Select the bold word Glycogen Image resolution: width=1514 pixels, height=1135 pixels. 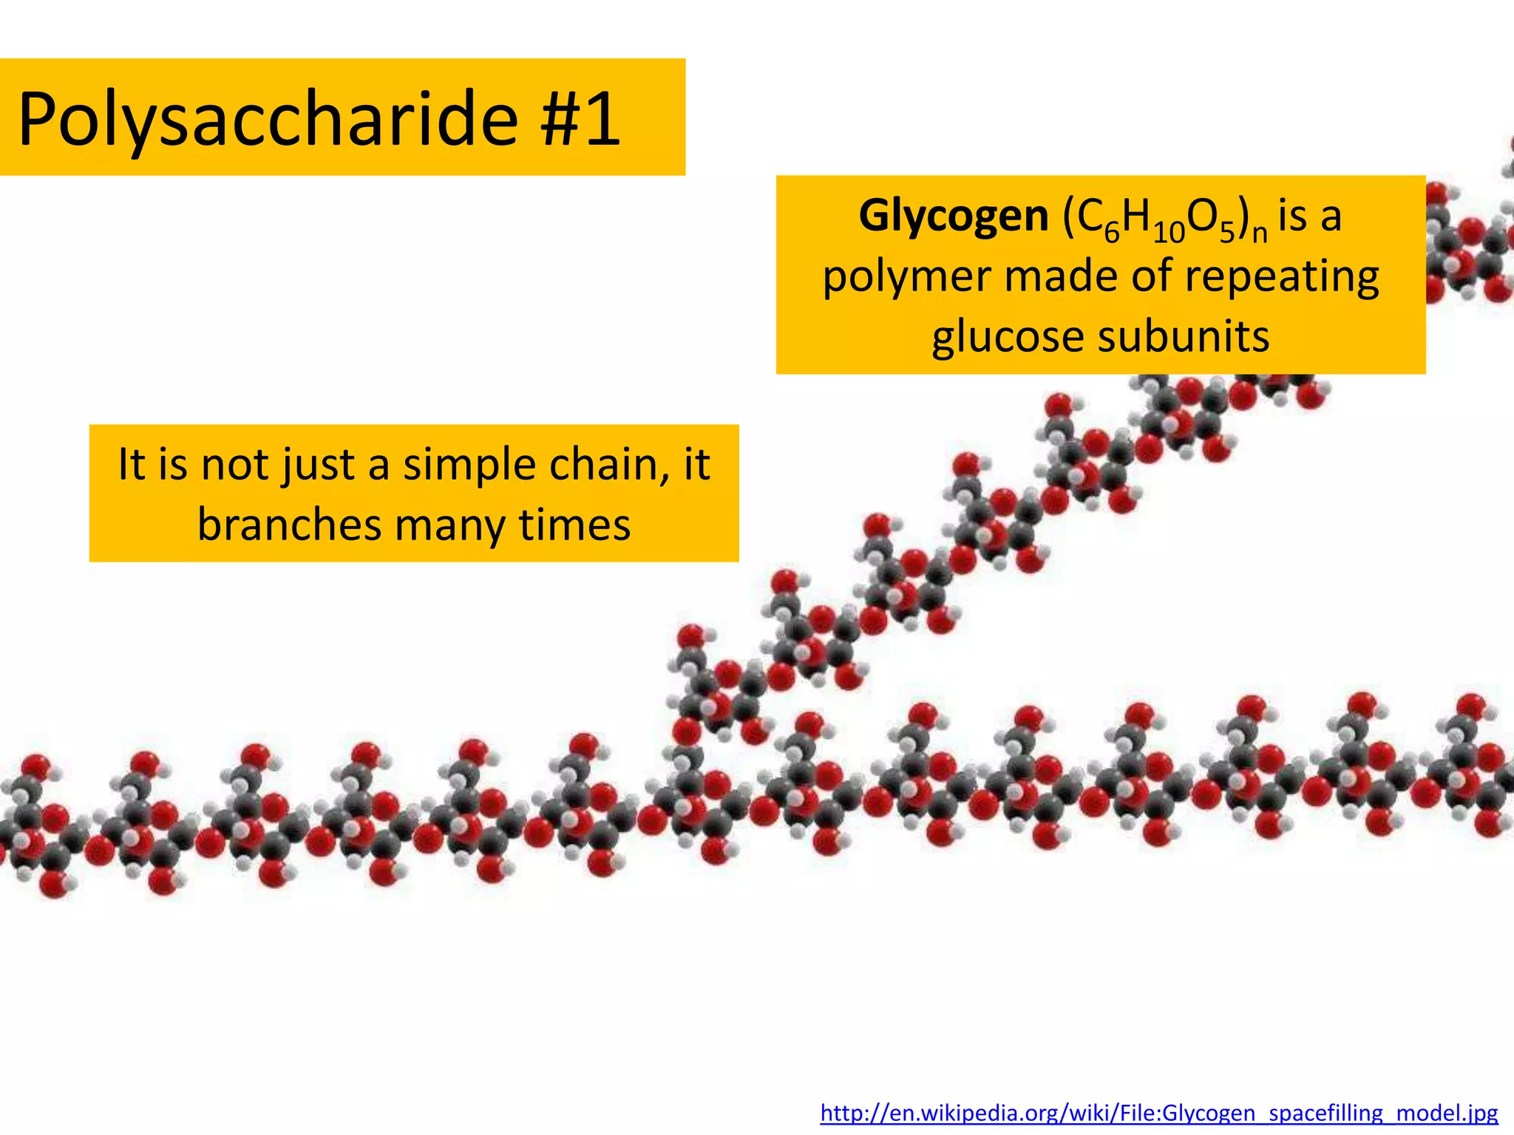(953, 216)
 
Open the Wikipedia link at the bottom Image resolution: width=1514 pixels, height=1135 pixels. (1159, 1112)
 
